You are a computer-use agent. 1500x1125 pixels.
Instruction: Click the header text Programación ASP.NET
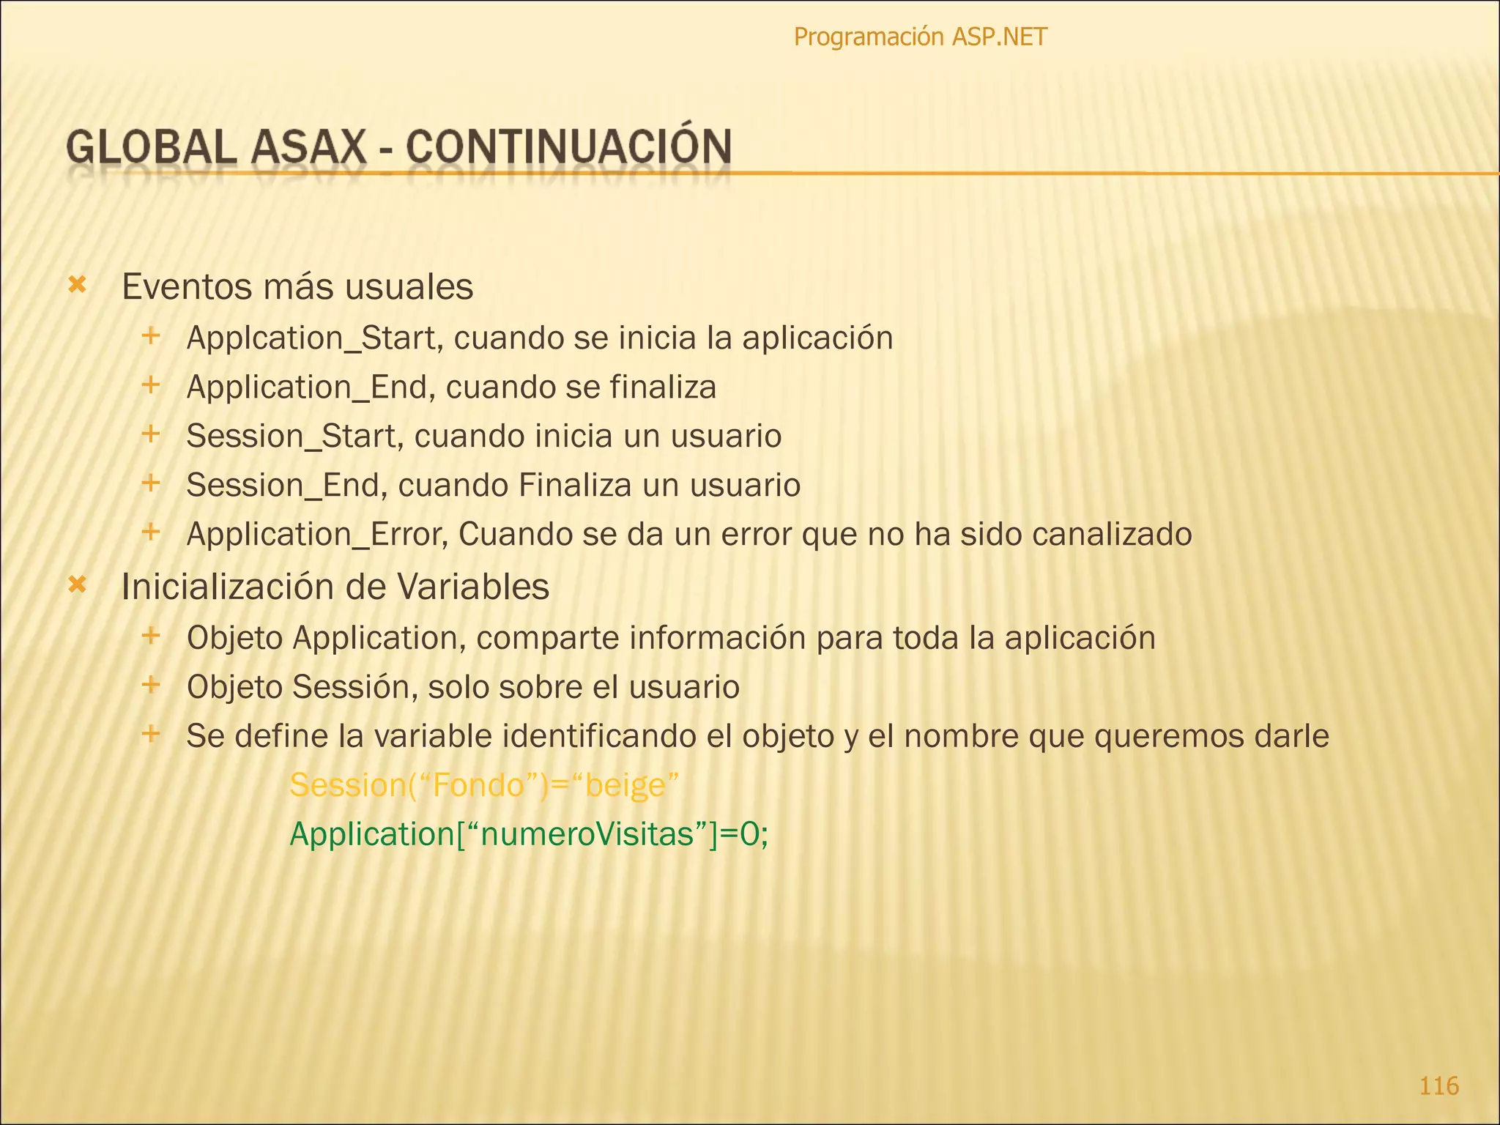tap(920, 37)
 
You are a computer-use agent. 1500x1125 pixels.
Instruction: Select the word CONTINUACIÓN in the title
tap(568, 146)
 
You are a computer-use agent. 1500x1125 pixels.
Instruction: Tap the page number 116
tap(1438, 1085)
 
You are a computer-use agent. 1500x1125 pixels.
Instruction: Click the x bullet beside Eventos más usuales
tap(77, 284)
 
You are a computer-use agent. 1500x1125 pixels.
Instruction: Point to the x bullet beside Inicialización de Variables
tap(77, 584)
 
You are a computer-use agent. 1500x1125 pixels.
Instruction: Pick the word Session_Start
tap(292, 437)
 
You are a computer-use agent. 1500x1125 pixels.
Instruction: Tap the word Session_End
tap(283, 486)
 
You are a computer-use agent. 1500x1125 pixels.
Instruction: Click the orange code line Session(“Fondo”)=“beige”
tap(484, 785)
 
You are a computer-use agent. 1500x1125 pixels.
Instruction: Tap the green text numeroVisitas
tap(586, 834)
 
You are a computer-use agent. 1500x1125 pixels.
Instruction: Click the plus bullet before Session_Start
tap(150, 434)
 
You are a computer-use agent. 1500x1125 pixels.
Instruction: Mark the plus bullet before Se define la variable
tap(150, 733)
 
